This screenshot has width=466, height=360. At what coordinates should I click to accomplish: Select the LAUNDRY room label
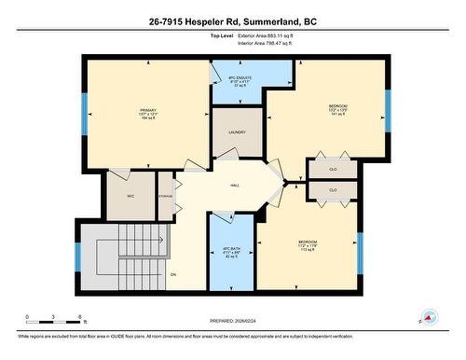tap(236, 132)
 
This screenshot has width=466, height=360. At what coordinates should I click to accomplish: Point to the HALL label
tap(236, 185)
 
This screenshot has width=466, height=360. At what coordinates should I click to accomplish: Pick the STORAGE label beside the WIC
tap(165, 196)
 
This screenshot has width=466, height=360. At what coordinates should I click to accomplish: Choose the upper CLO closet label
tap(333, 169)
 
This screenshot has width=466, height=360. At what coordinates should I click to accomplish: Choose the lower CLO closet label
tap(333, 190)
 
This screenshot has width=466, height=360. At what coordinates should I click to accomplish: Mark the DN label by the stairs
tap(172, 274)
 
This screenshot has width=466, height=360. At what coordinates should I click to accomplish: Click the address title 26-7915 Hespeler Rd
tap(232, 21)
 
